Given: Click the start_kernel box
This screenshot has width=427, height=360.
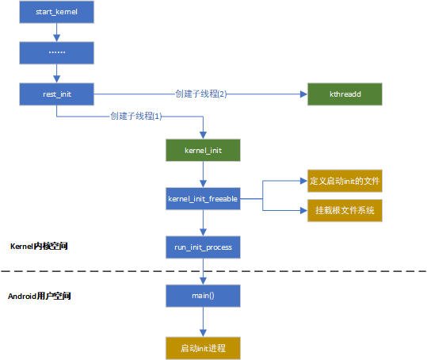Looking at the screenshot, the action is [57, 12].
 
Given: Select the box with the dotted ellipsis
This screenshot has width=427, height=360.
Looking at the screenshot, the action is [57, 53].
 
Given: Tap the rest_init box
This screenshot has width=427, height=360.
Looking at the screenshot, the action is [57, 94].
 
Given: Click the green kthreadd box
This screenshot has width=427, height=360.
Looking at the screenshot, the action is [345, 94].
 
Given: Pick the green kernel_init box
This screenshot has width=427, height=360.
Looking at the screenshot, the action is [203, 150].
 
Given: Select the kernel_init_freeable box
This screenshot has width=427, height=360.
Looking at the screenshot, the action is [203, 199].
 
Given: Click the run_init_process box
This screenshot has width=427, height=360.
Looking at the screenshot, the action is [203, 247].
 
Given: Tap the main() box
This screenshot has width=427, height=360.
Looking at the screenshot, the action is [203, 296].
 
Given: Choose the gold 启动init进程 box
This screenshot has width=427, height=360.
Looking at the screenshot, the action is [203, 348].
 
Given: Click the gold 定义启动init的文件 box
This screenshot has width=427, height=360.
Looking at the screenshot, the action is [345, 181].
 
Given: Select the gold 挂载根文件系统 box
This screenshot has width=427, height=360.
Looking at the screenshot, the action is [345, 210].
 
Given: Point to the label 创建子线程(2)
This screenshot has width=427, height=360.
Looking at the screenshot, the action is [201, 94].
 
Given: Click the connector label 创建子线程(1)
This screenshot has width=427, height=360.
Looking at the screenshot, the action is [136, 116].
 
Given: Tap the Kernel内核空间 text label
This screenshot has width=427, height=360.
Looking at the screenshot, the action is [39, 247].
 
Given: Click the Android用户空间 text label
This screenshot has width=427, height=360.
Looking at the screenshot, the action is [40, 296].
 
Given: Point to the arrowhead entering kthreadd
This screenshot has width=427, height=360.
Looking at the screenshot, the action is [304, 94].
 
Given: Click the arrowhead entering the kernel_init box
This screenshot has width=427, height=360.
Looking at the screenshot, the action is [203, 136].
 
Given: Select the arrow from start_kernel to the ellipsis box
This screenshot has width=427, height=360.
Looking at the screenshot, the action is [57, 33].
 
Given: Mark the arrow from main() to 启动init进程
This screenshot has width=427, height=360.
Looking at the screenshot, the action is [203, 322].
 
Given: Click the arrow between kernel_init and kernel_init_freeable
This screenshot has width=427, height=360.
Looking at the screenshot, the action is [203, 174].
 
